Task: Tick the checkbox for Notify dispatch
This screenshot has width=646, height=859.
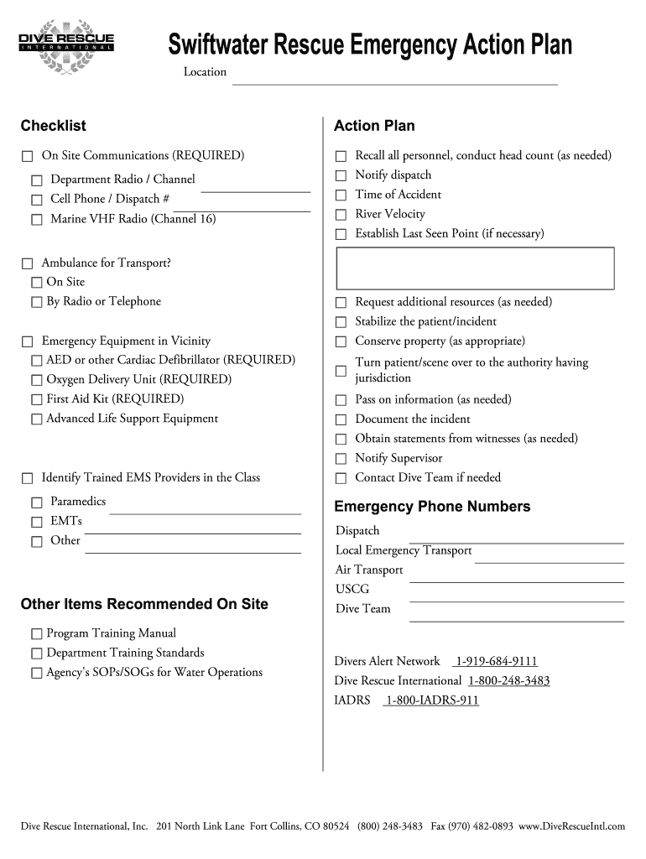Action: (341, 175)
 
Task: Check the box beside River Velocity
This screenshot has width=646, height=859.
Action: (341, 215)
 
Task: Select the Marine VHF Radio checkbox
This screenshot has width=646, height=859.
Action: (36, 220)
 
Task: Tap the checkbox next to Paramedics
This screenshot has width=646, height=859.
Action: (36, 502)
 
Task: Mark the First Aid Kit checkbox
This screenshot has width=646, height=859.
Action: (36, 399)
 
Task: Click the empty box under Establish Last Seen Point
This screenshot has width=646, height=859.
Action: (475, 268)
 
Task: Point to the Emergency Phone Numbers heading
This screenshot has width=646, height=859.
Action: (432, 507)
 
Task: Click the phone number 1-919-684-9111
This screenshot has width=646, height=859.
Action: (496, 661)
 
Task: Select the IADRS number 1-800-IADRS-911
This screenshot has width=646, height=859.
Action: (431, 700)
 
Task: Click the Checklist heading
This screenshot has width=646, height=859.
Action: (53, 126)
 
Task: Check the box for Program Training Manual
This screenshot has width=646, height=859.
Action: (36, 633)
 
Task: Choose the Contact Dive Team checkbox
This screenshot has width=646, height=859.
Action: (341, 478)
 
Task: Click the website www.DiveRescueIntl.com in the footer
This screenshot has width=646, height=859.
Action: (572, 826)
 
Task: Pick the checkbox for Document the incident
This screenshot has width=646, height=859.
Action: (341, 419)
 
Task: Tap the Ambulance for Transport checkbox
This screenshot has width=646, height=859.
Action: (27, 263)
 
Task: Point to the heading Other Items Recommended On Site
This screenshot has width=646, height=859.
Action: (144, 604)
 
